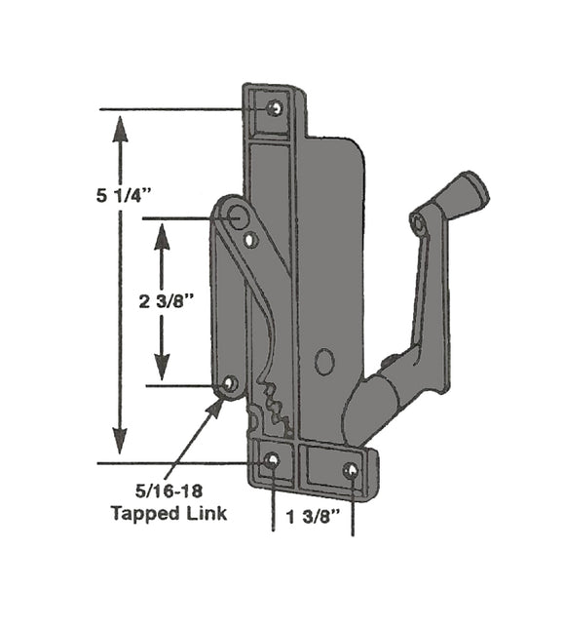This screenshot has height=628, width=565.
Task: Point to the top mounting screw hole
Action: coord(275,107)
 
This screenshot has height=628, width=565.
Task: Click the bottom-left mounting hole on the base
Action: coord(272,459)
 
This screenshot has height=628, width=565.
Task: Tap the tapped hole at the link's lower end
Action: coord(230,384)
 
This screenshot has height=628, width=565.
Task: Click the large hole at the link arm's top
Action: coord(235,216)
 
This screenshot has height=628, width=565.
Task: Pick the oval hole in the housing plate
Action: coord(324,363)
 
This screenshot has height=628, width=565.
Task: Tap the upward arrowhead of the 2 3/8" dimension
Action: coord(163,231)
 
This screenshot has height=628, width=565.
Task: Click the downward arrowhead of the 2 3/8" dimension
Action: coord(163,373)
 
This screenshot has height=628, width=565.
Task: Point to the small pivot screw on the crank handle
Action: coord(419,224)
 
